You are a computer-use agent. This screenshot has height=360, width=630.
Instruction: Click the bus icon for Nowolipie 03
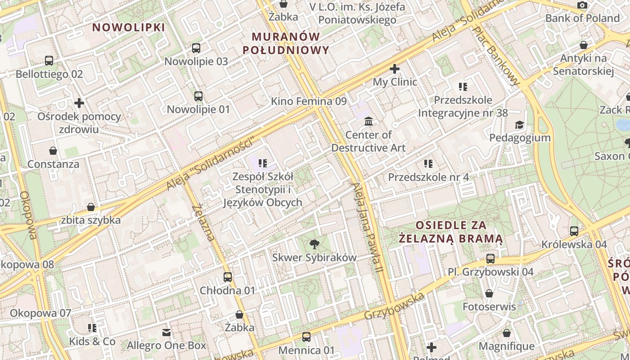pos(196,48)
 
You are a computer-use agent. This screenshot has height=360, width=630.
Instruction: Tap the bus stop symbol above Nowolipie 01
pos(198,96)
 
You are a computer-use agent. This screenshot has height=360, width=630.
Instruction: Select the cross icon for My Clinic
pos(395,69)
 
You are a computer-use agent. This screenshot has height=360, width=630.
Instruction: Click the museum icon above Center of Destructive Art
pos(369,121)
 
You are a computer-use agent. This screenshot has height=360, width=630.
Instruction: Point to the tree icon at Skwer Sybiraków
pos(315,244)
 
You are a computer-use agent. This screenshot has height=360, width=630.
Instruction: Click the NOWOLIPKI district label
pos(129,27)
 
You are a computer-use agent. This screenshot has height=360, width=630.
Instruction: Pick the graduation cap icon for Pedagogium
pos(520,125)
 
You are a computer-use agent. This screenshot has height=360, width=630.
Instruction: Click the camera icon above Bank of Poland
pos(582,5)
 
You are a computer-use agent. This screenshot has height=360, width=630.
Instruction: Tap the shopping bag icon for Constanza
pos(53,151)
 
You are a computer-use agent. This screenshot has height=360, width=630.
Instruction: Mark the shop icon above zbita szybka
pos(91,207)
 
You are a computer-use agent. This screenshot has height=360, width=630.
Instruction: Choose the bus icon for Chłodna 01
pos(228,277)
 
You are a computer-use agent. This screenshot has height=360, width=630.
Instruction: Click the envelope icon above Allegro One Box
pos(166,333)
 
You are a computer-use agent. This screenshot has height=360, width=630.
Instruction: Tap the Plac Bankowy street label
pos(496,55)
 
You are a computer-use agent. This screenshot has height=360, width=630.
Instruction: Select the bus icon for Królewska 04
pos(574,231)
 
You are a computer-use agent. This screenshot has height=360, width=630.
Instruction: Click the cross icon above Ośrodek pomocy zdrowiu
pos(79,103)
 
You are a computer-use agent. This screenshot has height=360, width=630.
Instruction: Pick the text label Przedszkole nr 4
pos(428,177)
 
